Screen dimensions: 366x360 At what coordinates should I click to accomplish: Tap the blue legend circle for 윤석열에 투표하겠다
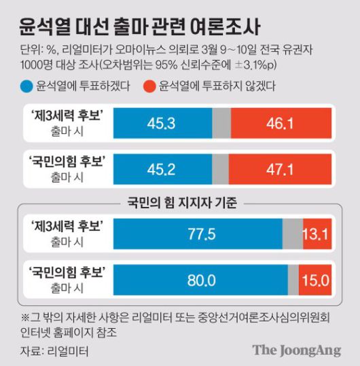point(26,87)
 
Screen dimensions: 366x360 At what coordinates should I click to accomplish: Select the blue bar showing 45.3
point(162,123)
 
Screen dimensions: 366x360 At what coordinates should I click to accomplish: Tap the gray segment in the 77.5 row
point(293,235)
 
